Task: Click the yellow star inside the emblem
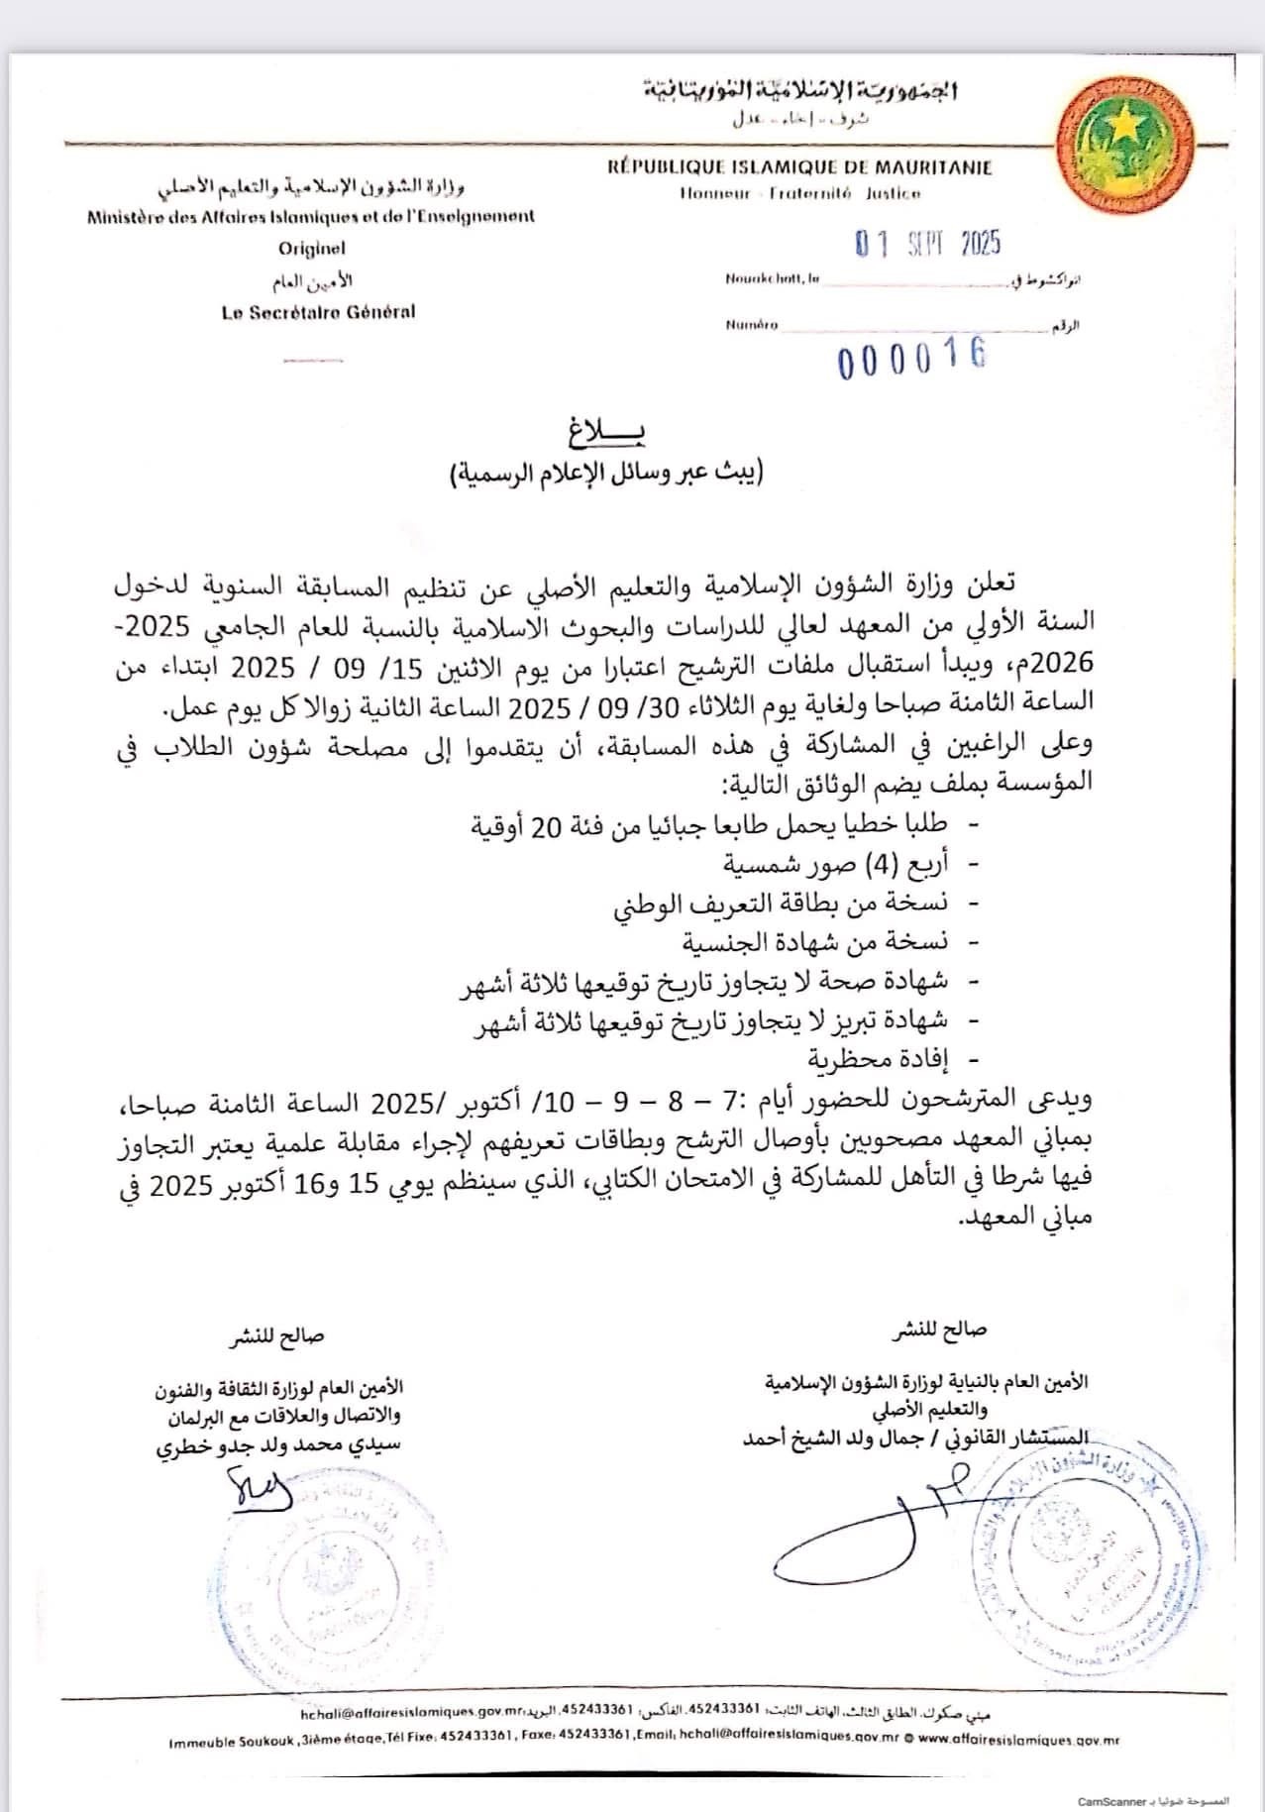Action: (1124, 126)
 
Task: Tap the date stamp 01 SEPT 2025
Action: (928, 243)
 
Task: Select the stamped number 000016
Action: (911, 358)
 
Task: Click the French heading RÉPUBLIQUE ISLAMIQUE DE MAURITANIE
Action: (799, 167)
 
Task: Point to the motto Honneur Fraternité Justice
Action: (799, 194)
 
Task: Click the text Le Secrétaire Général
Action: (318, 312)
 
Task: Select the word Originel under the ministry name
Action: (312, 249)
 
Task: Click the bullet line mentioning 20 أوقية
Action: (708, 824)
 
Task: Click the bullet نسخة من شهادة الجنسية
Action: (814, 941)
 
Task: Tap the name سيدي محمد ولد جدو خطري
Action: (279, 1443)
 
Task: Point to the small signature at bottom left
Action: (260, 1486)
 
